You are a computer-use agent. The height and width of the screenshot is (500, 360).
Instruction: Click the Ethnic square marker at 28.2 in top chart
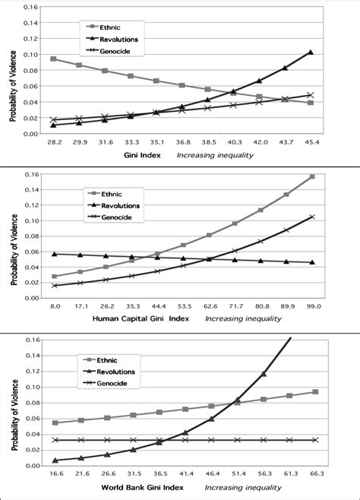tap(53, 59)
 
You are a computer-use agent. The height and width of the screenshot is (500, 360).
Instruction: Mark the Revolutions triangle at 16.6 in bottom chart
tap(53, 460)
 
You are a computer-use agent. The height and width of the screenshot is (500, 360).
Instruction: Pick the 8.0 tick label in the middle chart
tap(54, 306)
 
